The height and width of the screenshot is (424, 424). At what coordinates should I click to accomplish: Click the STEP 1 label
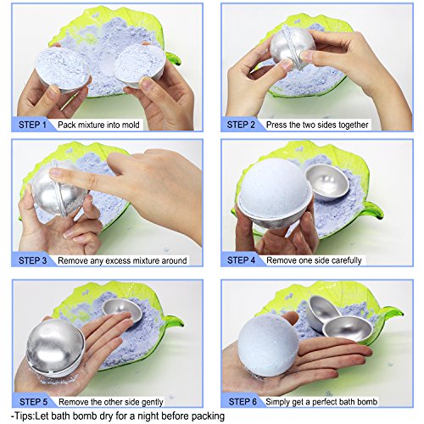coord(32,125)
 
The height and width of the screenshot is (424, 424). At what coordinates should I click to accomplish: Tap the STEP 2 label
coord(241,125)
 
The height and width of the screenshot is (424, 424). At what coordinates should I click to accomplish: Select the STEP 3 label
coord(32,260)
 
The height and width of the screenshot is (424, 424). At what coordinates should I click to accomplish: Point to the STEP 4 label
coord(242,260)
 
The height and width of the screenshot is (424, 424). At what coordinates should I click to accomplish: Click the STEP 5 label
coord(33,402)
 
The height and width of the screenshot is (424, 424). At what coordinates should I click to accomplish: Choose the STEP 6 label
coord(243,402)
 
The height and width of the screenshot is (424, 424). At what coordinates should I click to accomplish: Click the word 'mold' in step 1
coord(131,125)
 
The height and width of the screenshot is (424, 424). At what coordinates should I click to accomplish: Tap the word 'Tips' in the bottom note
coord(25,416)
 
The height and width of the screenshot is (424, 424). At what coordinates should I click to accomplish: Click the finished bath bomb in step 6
coord(268,344)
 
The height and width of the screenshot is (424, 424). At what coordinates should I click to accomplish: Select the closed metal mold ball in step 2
coord(293,47)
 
